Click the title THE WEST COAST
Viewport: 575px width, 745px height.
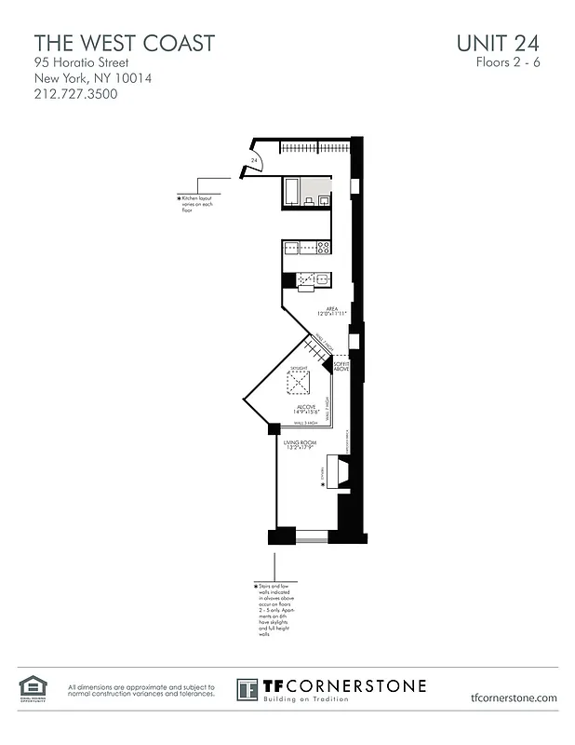tap(125, 43)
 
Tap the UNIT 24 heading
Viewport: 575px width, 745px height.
tap(498, 43)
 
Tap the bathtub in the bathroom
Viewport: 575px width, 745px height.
tap(292, 192)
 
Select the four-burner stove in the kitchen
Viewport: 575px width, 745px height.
tap(323, 248)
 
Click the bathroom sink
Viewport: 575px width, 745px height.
tap(323, 199)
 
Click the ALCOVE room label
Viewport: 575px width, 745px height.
tap(306, 409)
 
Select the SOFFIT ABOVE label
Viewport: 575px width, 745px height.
tap(341, 367)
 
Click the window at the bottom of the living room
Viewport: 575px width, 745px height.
tap(312, 537)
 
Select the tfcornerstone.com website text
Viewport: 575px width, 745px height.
tap(514, 697)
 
